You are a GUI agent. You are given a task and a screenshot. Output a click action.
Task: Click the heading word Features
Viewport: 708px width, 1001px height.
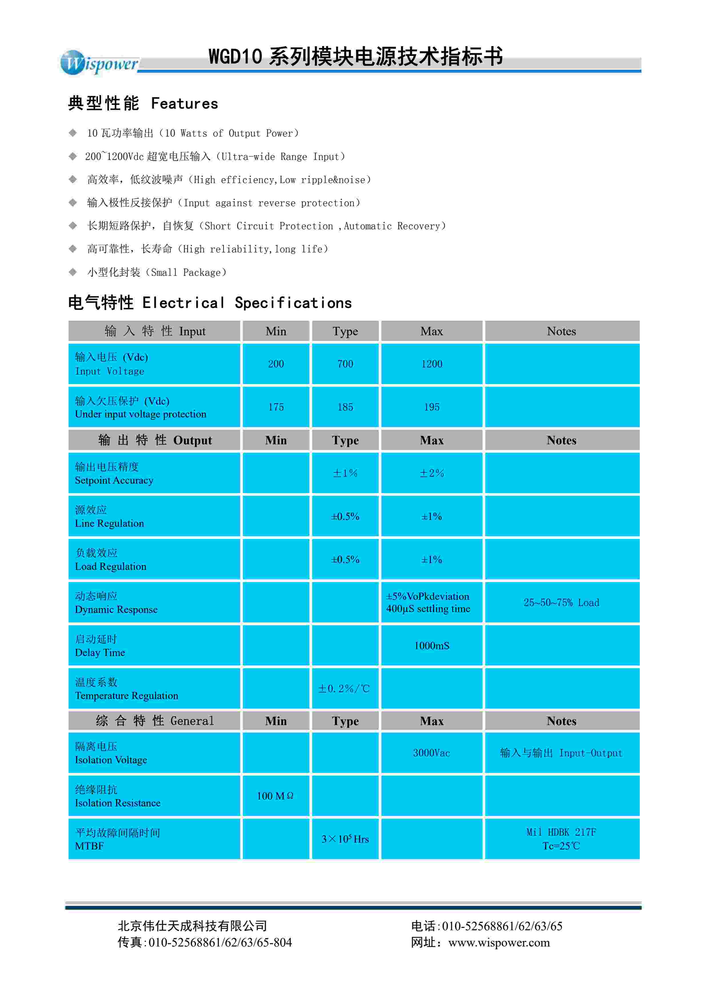tap(184, 104)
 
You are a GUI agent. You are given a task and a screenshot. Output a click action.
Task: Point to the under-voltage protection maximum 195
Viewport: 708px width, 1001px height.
tap(432, 407)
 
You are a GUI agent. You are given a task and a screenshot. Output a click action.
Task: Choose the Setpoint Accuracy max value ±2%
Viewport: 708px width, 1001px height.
tap(432, 473)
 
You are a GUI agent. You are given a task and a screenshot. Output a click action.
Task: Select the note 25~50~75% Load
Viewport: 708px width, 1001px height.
tap(561, 603)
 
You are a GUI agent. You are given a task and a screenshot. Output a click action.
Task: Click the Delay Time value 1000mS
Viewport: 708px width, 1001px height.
tap(432, 646)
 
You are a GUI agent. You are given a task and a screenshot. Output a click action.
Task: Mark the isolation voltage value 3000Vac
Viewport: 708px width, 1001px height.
tap(432, 753)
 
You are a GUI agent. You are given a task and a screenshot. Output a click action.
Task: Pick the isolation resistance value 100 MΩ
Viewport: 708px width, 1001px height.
tap(275, 796)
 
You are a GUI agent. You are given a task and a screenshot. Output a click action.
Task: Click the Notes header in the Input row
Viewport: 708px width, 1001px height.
tap(561, 331)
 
